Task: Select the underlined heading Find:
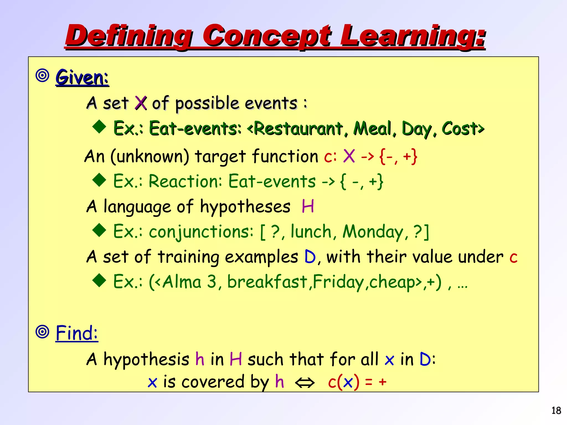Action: (77, 333)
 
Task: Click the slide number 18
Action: (556, 411)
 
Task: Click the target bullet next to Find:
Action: (43, 332)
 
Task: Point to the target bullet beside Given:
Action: (43, 76)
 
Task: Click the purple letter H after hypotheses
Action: (308, 206)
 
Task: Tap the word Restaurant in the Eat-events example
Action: (298, 129)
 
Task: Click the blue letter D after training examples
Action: (310, 257)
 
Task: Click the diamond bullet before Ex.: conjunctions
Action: (99, 230)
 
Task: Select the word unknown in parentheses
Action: (150, 157)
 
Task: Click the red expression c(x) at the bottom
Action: (343, 382)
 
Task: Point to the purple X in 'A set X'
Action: (141, 103)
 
